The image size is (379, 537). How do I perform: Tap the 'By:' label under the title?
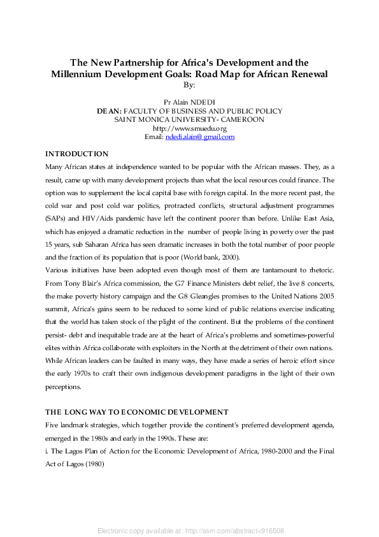pyautogui.click(x=189, y=84)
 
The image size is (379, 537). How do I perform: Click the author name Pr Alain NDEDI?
pyautogui.click(x=189, y=102)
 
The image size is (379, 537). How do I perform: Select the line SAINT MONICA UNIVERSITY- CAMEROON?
pyautogui.click(x=189, y=119)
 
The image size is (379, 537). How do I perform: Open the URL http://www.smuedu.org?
pyautogui.click(x=189, y=128)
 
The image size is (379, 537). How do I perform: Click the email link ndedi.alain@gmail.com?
pyautogui.click(x=200, y=137)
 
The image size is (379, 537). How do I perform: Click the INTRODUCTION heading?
pyautogui.click(x=76, y=154)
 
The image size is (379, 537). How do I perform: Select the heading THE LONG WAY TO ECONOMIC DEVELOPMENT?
pyautogui.click(x=137, y=412)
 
